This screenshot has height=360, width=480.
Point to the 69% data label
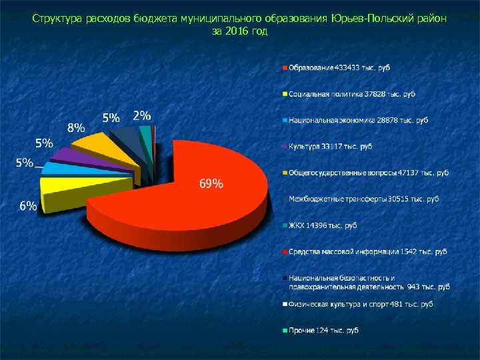point(212,184)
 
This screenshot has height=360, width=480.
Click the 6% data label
point(27,206)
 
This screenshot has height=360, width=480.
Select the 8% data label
point(76,127)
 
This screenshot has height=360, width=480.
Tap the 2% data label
point(141,115)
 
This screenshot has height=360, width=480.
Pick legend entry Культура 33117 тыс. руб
point(330,146)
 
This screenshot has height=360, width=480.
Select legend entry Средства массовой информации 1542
point(367,251)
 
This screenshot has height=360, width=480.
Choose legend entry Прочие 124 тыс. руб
point(323,330)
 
